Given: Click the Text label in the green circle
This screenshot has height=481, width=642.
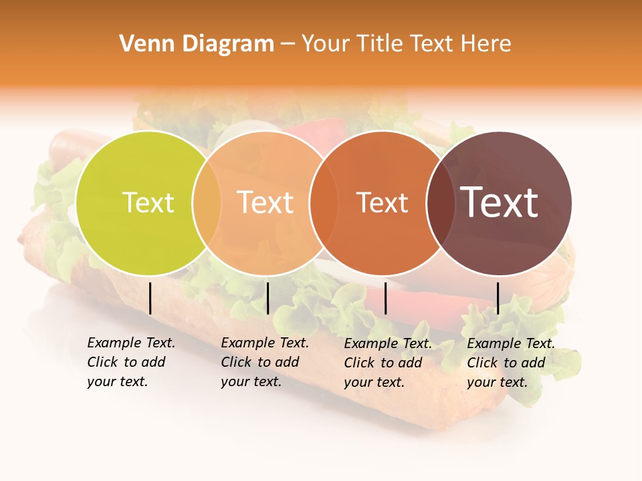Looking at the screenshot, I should click(148, 202).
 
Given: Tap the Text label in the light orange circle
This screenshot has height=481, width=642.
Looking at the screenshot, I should click(265, 202).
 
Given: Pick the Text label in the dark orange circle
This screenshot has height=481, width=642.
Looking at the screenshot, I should click(383, 203).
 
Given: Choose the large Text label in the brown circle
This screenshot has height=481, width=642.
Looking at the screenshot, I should click(500, 202).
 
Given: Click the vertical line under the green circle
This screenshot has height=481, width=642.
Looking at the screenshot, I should click(150, 298).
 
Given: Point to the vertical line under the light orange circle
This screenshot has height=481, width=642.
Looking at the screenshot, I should click(267, 298).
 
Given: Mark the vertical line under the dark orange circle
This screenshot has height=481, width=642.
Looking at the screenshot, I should click(386, 298).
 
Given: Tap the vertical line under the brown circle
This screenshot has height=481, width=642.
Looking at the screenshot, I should click(498, 298).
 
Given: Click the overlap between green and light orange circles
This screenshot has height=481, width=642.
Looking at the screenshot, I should click(207, 203).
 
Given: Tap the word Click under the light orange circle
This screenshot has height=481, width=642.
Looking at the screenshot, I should click(236, 362).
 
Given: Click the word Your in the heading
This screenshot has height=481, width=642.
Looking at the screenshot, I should click(326, 44).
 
